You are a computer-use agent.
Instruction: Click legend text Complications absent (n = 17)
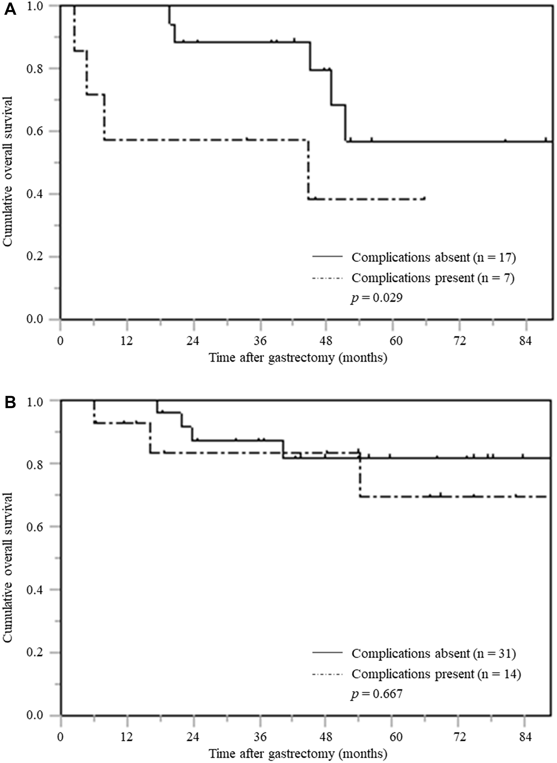[434, 257]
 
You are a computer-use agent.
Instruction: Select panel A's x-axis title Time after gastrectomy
[298, 358]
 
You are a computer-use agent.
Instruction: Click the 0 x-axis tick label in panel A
[60, 341]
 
